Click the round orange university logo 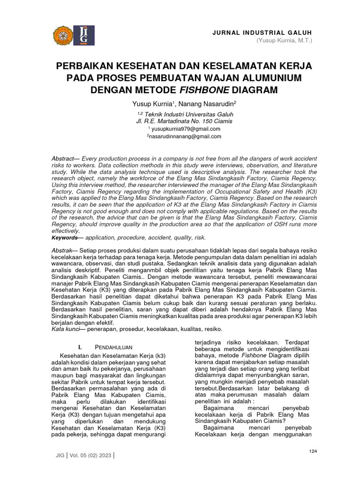(64, 35)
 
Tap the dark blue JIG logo (84, 35)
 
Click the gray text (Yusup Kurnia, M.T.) (284, 41)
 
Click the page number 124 (314, 451)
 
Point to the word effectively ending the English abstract (66, 231)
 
